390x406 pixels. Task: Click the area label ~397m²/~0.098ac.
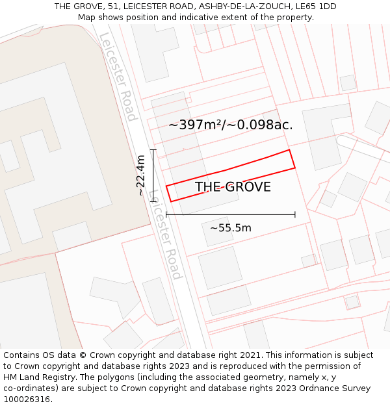[230, 125]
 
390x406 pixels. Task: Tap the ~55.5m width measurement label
[230, 228]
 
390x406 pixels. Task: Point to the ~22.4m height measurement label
[141, 175]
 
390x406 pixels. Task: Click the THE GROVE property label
[233, 187]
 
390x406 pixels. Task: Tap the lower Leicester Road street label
[165, 234]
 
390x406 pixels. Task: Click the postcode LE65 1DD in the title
[315, 6]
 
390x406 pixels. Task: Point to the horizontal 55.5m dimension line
[230, 214]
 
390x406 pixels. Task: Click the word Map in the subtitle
[86, 17]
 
